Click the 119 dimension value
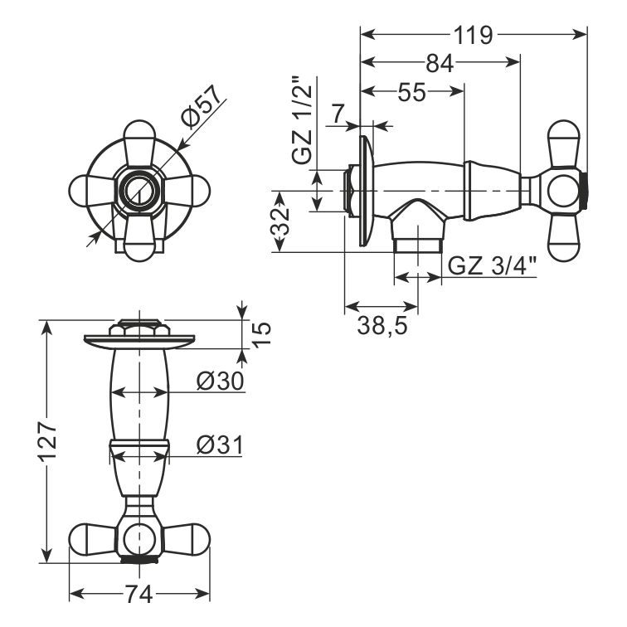tap(473, 35)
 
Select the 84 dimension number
tap(440, 63)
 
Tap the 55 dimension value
tap(412, 92)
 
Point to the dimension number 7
tap(338, 114)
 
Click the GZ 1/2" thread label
tap(302, 120)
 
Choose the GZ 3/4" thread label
tap(492, 265)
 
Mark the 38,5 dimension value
tap(382, 325)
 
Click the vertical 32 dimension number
tap(280, 222)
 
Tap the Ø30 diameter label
tap(220, 381)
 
